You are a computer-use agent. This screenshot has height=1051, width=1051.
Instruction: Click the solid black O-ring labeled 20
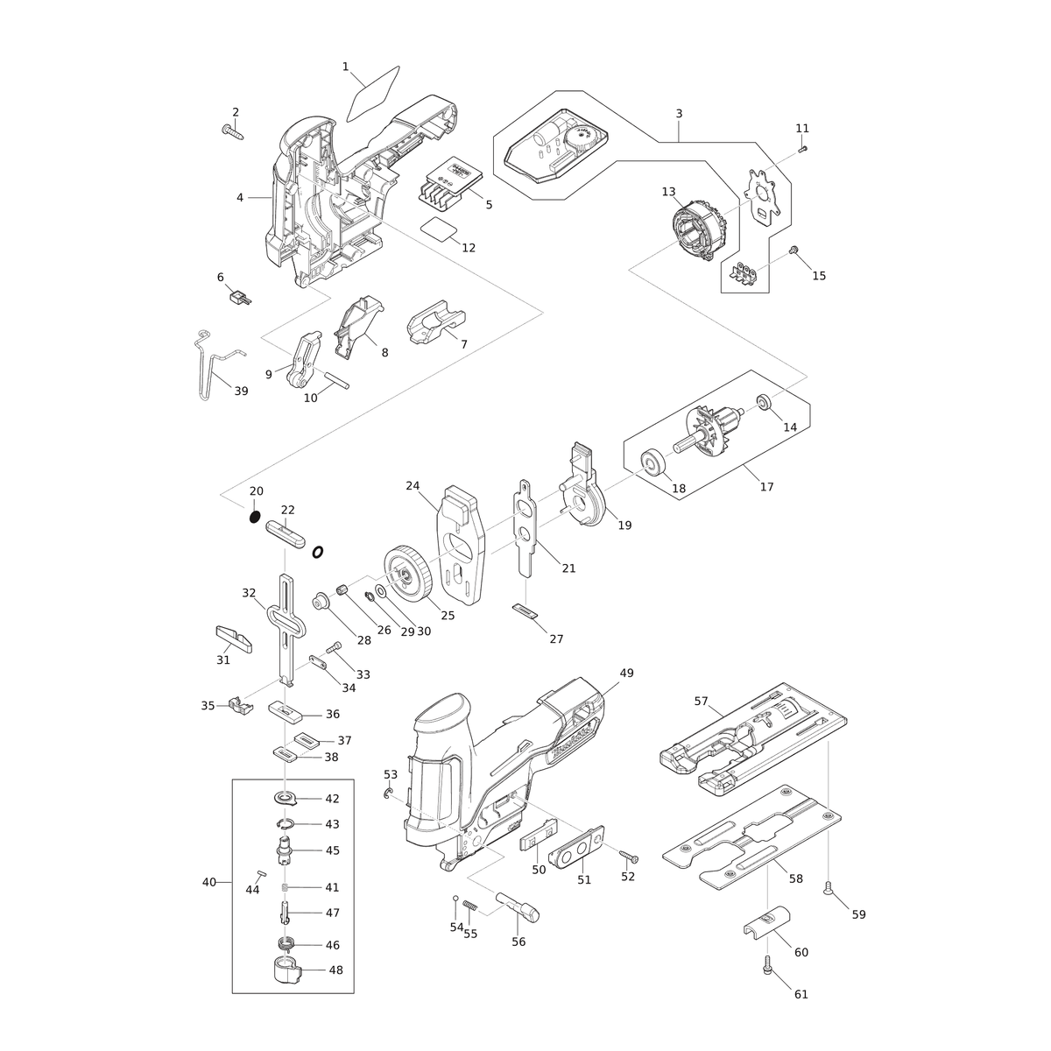point(254,516)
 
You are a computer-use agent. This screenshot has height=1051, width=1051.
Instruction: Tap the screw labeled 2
point(233,131)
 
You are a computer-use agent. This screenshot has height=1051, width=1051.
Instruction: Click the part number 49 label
point(627,673)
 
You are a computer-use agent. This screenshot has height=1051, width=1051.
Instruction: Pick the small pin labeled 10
point(336,380)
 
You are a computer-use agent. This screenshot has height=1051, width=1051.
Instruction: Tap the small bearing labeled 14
point(762,403)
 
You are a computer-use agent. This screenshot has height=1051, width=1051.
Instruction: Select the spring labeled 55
point(470,906)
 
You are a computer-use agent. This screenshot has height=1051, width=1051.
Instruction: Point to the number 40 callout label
point(209,882)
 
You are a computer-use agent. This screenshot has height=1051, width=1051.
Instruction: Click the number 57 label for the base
point(702,701)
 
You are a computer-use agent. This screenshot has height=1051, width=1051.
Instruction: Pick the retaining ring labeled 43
point(284,823)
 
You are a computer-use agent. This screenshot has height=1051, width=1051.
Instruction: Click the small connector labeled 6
point(239,298)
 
